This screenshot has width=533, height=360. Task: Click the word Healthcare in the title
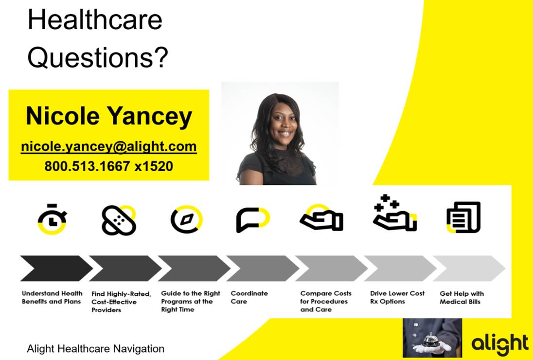click(x=95, y=20)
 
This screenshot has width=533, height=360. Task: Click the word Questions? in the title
click(x=98, y=58)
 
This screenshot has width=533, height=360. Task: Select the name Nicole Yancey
click(x=109, y=117)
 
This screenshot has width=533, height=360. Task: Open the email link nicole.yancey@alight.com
click(x=109, y=147)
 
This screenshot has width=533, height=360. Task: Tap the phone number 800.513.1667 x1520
click(x=109, y=166)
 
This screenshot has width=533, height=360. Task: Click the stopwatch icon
click(x=52, y=219)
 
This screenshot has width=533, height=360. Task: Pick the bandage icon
click(x=119, y=220)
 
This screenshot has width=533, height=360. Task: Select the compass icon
click(x=186, y=219)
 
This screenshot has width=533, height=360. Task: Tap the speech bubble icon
click(x=252, y=219)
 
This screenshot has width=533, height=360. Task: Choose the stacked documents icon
click(x=463, y=217)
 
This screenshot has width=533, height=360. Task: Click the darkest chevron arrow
click(x=56, y=268)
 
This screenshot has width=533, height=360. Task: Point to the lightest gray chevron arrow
click(x=469, y=268)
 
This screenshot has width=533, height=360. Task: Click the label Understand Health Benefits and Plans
click(x=52, y=297)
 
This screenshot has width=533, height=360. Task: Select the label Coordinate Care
click(x=249, y=297)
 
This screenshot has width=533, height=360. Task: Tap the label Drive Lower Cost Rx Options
click(x=397, y=297)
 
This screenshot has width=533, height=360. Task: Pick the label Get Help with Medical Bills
click(x=462, y=297)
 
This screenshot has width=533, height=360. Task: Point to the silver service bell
click(x=431, y=340)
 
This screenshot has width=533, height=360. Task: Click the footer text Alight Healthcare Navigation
click(x=95, y=349)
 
